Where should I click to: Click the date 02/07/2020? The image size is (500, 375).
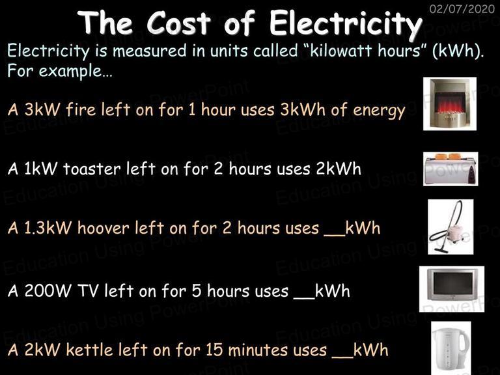pos(462,8)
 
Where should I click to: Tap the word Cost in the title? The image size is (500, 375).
pos(178,23)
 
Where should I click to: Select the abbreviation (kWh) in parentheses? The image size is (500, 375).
pos(458,51)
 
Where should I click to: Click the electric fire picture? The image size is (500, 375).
pos(450,104)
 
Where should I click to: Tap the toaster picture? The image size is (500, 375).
pos(451,169)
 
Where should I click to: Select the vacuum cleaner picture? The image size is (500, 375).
pos(451,227)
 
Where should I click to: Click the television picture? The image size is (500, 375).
pos(452,289)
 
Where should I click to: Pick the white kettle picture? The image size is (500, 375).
pos(451,348)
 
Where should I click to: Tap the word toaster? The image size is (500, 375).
pos(92,169)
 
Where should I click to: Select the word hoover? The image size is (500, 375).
pos(103,228)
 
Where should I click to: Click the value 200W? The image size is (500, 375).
pos(48,291)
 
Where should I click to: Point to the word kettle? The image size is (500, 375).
pos(89,350)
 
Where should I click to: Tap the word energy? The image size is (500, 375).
pos(379,111)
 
